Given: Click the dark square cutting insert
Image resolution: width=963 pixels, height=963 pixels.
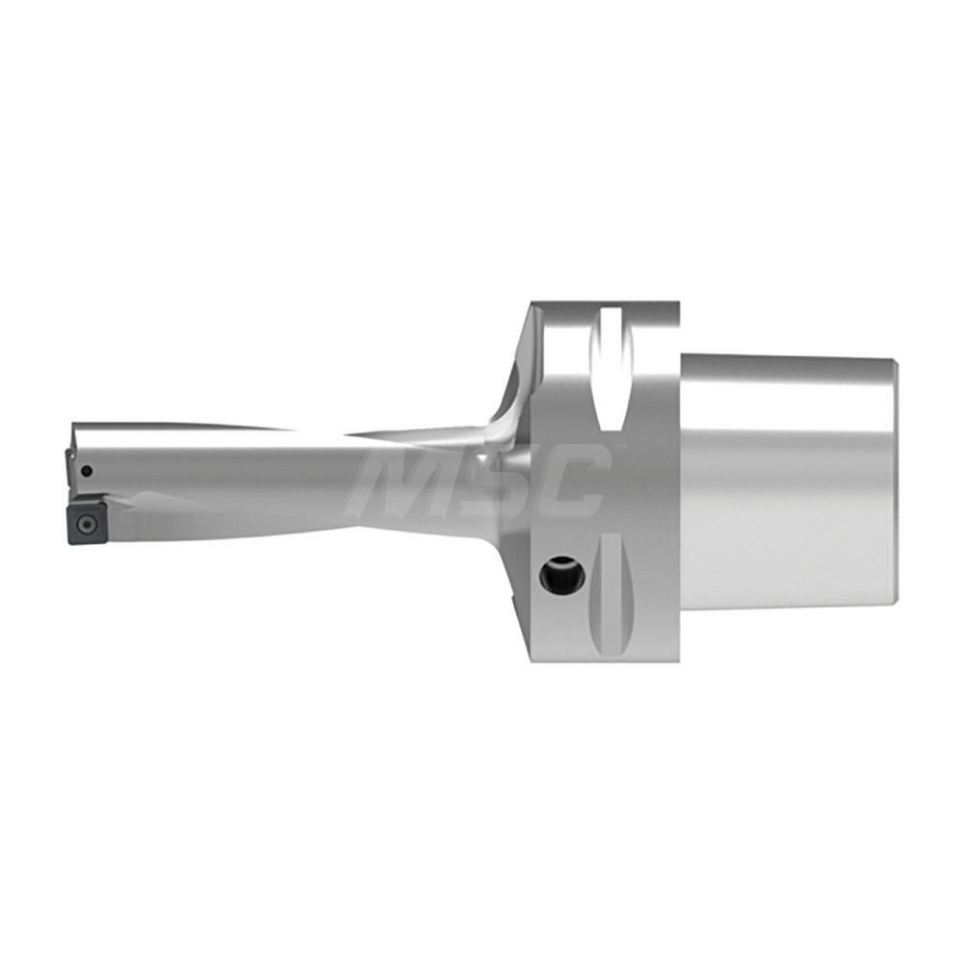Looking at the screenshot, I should (86, 523).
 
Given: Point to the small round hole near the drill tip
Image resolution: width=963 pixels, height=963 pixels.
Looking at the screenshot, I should (87, 471).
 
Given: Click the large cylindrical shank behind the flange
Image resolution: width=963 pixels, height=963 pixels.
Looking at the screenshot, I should (790, 501).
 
